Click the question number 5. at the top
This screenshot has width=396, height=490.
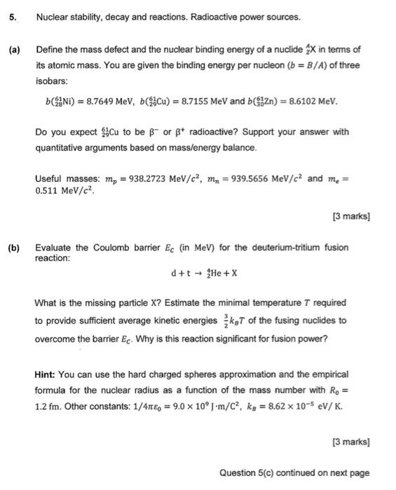coord(12,16)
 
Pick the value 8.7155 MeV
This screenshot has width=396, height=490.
coord(196,102)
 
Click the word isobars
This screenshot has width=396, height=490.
coord(50,80)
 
